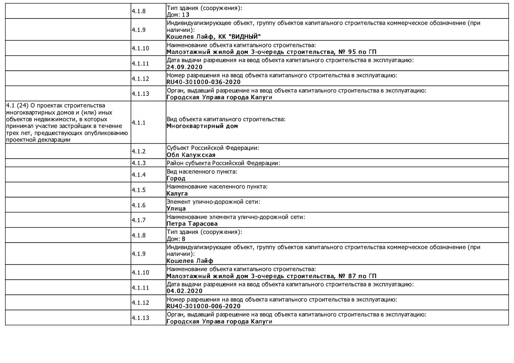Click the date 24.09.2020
tap(185, 67)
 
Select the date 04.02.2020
tap(185, 291)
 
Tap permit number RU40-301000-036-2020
tap(203, 82)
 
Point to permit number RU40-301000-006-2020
tap(203, 306)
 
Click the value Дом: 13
tap(178, 15)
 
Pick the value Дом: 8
tap(176, 239)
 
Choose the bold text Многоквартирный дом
tap(202, 126)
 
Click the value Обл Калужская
tap(191, 155)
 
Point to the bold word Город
tap(176, 178)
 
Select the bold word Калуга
tap(177, 194)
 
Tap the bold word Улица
tap(176, 208)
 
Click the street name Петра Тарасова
tap(192, 224)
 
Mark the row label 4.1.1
tap(139, 123)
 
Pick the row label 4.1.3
tap(139, 163)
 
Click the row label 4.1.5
tap(139, 190)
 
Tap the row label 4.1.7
tap(139, 220)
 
